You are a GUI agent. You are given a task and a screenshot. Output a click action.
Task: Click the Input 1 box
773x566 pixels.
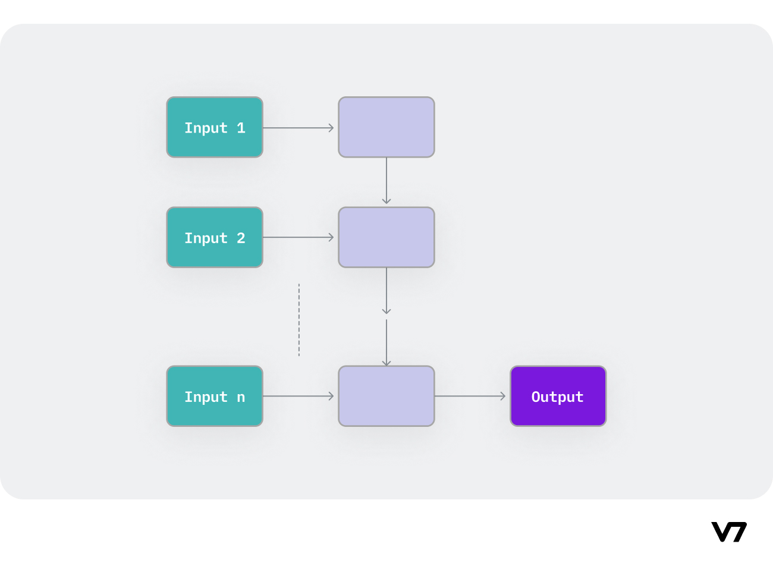(215, 127)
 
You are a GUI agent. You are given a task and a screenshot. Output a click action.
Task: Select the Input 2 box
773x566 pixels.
(215, 237)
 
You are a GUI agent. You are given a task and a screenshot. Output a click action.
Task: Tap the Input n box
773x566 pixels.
(215, 396)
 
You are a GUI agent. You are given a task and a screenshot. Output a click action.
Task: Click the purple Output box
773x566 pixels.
(558, 396)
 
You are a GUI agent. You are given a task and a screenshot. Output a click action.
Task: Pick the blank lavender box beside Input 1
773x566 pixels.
(386, 127)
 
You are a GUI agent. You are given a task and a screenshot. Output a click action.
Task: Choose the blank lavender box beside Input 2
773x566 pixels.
(386, 237)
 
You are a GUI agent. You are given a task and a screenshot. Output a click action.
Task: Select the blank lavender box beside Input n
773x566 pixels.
(386, 396)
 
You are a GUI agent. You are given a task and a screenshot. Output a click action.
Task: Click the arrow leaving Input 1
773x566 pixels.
(298, 128)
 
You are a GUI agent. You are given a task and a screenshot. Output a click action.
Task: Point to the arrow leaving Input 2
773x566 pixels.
(298, 237)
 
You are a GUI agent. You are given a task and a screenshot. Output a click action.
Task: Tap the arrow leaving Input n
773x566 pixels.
(298, 396)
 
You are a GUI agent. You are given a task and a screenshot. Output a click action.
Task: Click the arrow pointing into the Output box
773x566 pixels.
(470, 396)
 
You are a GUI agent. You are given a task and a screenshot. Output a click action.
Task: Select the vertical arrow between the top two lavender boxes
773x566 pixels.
(386, 181)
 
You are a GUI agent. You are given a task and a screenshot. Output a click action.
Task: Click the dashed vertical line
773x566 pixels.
(299, 320)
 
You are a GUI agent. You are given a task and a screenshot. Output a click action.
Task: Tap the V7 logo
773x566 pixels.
(729, 532)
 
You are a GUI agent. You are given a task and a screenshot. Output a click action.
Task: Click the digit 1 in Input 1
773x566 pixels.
(241, 128)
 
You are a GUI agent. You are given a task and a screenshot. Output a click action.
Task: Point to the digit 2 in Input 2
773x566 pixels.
(241, 238)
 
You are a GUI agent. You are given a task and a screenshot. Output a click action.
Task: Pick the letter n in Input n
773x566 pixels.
(241, 397)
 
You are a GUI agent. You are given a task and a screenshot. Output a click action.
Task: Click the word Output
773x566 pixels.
(557, 397)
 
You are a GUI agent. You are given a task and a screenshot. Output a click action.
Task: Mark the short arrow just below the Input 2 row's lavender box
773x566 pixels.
(386, 291)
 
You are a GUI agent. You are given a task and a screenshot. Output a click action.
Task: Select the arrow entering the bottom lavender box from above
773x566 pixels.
(386, 342)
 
